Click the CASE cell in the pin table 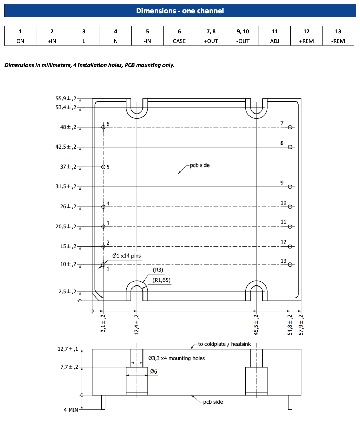179,41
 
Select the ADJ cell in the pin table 274,41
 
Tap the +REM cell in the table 306,41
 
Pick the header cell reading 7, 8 211,31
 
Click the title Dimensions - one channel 180,11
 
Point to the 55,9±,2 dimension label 66,99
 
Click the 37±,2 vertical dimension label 68,167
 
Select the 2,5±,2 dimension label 67,292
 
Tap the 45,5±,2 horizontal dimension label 256,324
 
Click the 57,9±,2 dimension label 301,324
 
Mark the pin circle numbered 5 103,167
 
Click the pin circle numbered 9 290,187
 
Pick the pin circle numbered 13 290,264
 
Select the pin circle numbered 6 103,127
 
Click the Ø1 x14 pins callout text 126,256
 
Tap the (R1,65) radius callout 161,280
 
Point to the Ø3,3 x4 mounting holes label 176,358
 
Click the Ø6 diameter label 153,371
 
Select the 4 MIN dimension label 71,410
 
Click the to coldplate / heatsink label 224,344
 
